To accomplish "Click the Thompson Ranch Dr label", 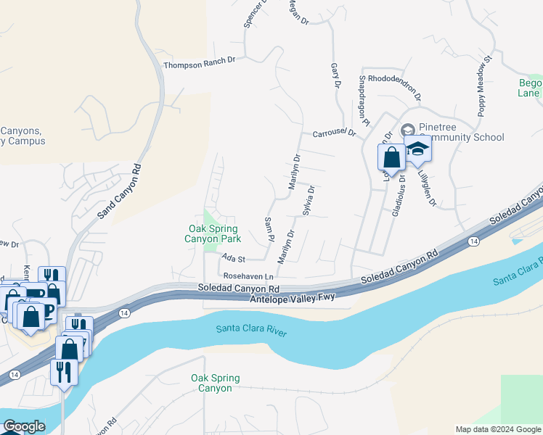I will [x=200, y=65].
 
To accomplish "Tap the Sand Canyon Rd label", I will [x=118, y=191].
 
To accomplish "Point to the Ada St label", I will [x=234, y=258].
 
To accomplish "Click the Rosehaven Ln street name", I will [x=248, y=276].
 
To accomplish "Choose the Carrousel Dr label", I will [x=335, y=133].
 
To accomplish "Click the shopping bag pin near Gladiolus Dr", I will [x=391, y=158].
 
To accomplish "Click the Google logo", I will [x=23, y=426].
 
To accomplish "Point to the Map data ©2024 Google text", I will [x=498, y=429].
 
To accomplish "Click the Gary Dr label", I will [x=335, y=75].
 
